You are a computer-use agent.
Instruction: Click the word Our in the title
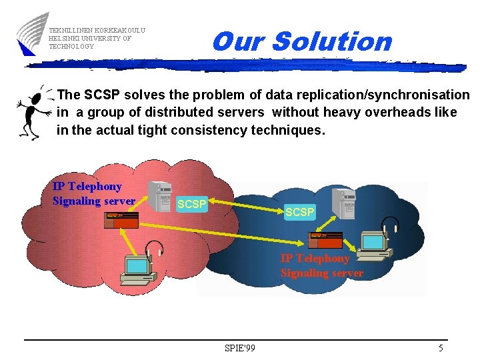(x=239, y=41)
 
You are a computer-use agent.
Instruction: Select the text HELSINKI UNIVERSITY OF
(x=90, y=39)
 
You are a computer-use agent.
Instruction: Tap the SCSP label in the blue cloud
(x=299, y=212)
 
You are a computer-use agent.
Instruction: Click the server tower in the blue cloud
(x=344, y=205)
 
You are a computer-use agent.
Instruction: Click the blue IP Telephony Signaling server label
(x=93, y=193)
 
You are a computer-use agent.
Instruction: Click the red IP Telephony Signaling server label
(x=322, y=265)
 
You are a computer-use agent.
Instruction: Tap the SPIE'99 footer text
(x=240, y=348)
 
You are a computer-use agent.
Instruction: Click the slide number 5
(x=441, y=348)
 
